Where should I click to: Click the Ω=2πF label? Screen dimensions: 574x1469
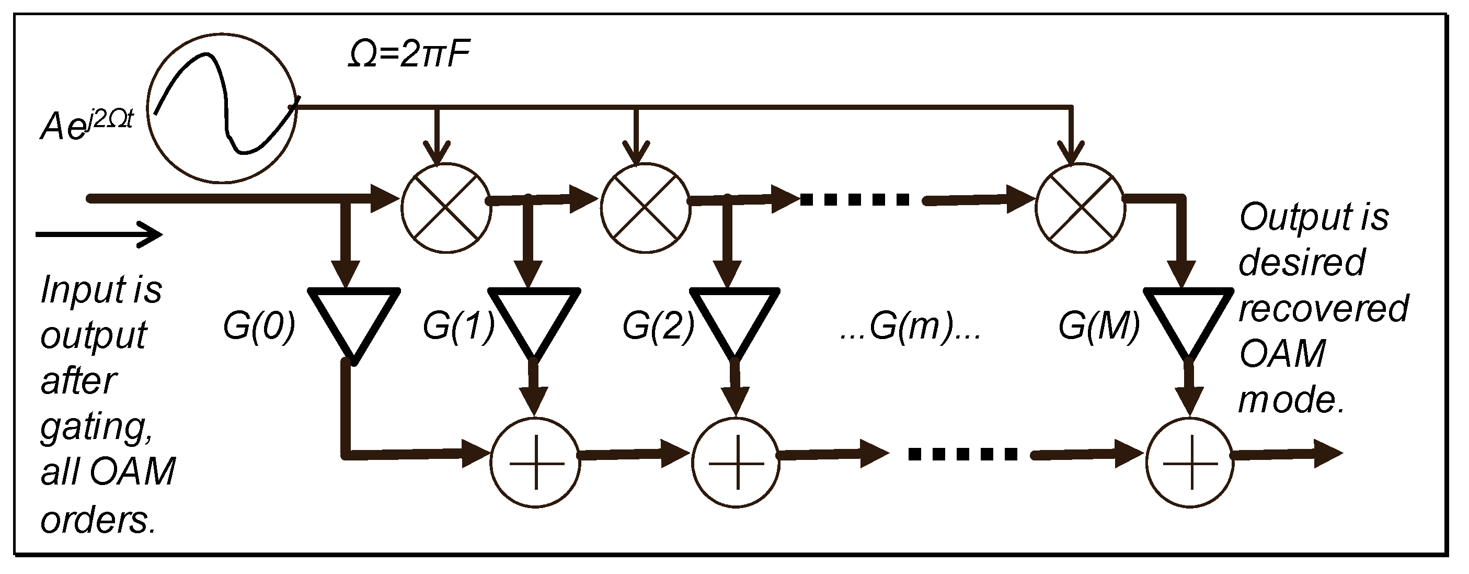tap(409, 56)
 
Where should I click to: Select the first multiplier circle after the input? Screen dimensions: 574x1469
tap(446, 208)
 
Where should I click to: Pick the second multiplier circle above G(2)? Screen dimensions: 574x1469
tap(646, 208)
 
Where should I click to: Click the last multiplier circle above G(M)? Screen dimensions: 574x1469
tap(1081, 208)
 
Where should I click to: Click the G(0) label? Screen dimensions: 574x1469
tap(259, 327)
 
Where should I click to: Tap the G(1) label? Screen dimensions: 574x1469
tap(458, 327)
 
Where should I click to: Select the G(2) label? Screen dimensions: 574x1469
tap(658, 327)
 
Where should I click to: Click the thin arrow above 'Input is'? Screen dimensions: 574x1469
tap(100, 234)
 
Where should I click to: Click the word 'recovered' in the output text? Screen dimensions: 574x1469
tap(1323, 309)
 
